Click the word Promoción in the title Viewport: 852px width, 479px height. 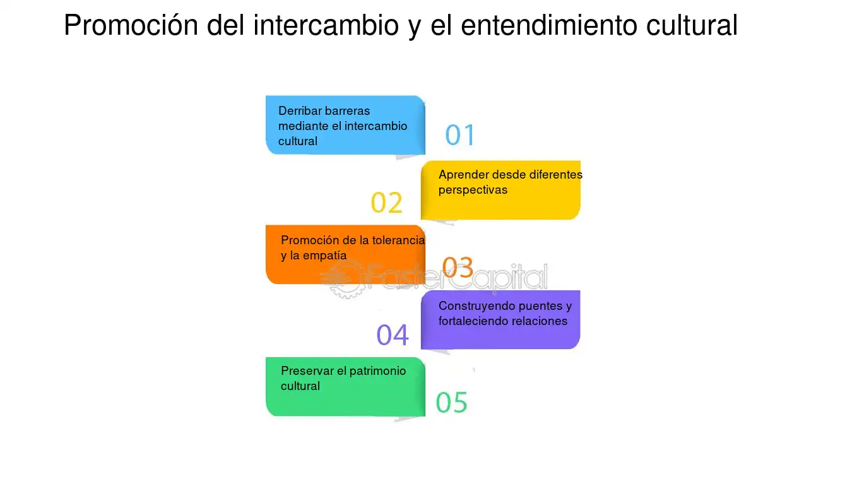(131, 25)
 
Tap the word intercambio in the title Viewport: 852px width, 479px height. (326, 25)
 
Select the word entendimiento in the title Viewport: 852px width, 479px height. (549, 25)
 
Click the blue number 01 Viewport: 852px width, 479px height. (460, 135)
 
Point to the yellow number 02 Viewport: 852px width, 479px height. (386, 203)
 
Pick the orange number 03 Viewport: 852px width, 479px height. (458, 267)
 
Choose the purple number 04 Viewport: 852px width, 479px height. (393, 335)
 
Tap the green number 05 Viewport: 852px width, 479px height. (451, 402)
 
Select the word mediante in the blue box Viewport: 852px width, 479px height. (301, 126)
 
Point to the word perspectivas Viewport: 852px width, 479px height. (473, 190)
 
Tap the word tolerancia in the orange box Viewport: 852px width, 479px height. (398, 240)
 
